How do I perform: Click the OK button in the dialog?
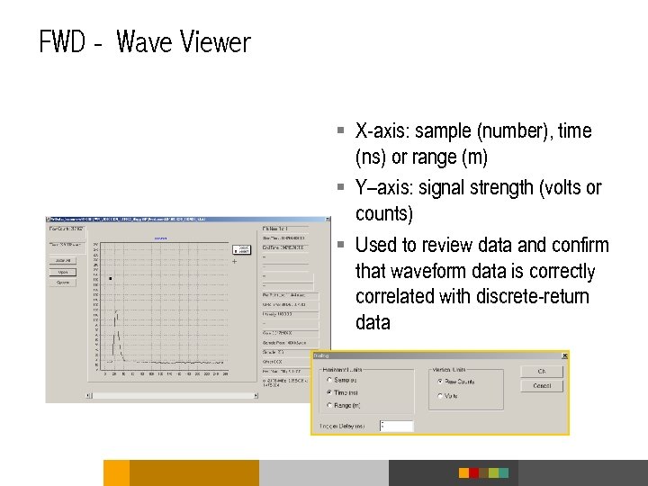(x=542, y=371)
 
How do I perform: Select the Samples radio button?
(x=329, y=381)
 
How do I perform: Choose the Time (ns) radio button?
(x=329, y=392)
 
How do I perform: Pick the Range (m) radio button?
(x=329, y=405)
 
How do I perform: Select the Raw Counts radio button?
(x=440, y=382)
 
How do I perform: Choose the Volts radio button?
(x=440, y=396)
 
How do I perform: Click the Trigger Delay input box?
(x=396, y=426)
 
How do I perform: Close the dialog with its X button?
(x=563, y=356)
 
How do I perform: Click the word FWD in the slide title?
(x=62, y=42)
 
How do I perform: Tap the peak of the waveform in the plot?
(x=115, y=311)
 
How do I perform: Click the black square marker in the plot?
(x=111, y=279)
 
